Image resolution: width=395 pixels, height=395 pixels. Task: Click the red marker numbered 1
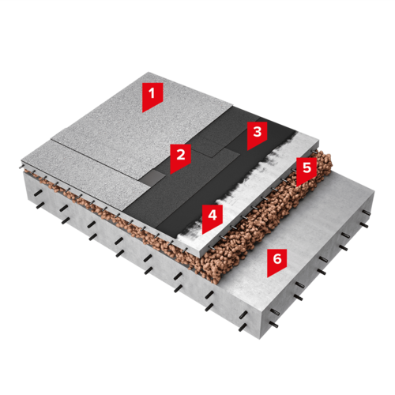[152, 95]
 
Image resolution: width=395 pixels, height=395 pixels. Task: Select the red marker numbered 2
[180, 156]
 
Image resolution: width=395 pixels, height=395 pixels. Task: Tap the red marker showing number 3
[257, 134]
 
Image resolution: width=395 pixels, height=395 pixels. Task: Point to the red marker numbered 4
[213, 217]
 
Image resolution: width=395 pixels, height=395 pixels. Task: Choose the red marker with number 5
[307, 170]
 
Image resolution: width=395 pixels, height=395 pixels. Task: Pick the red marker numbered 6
[277, 261]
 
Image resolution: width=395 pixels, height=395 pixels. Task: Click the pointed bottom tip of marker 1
[142, 112]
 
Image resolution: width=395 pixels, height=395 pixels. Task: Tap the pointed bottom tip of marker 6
[267, 277]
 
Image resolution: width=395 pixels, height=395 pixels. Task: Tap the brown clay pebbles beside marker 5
[266, 224]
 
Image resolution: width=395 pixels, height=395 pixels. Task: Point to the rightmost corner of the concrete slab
[374, 192]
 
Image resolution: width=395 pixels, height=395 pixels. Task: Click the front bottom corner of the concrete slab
[260, 339]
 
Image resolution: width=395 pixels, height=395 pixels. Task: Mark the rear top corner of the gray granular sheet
[149, 72]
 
